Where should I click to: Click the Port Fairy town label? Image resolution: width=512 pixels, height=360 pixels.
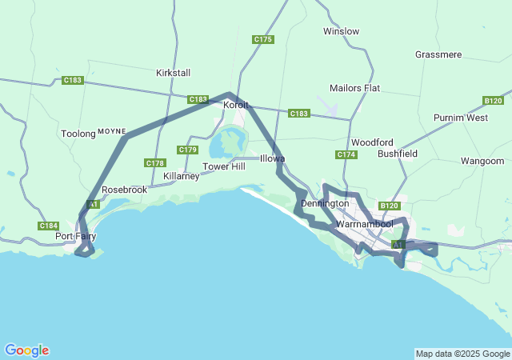(x=75, y=237)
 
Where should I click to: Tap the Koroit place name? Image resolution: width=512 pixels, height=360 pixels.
(x=236, y=105)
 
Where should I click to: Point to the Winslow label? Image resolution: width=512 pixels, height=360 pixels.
(x=341, y=31)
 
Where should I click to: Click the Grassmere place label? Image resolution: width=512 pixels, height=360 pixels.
(x=438, y=54)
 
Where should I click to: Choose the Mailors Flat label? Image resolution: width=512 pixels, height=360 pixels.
(x=354, y=88)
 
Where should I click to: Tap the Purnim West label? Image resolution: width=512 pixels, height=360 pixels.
(x=461, y=118)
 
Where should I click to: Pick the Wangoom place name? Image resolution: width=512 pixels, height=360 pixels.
(x=482, y=161)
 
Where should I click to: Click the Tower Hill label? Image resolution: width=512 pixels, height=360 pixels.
(x=223, y=166)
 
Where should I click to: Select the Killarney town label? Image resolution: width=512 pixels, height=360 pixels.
(x=181, y=176)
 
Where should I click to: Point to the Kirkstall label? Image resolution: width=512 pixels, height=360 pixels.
(x=174, y=72)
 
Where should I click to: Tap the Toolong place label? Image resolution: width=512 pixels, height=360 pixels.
(x=78, y=134)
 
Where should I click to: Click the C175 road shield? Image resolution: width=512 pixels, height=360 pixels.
(x=262, y=39)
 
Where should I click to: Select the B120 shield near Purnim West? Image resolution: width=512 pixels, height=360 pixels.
(x=494, y=101)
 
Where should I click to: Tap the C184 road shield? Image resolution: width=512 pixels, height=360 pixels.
(x=48, y=226)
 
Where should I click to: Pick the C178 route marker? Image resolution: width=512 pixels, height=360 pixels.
(x=155, y=163)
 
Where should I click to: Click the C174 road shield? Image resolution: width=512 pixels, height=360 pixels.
(x=346, y=154)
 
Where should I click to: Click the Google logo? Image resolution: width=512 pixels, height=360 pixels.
(x=26, y=350)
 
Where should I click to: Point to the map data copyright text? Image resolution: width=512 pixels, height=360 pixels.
(x=462, y=354)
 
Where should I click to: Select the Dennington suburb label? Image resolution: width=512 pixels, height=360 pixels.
(x=325, y=203)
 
